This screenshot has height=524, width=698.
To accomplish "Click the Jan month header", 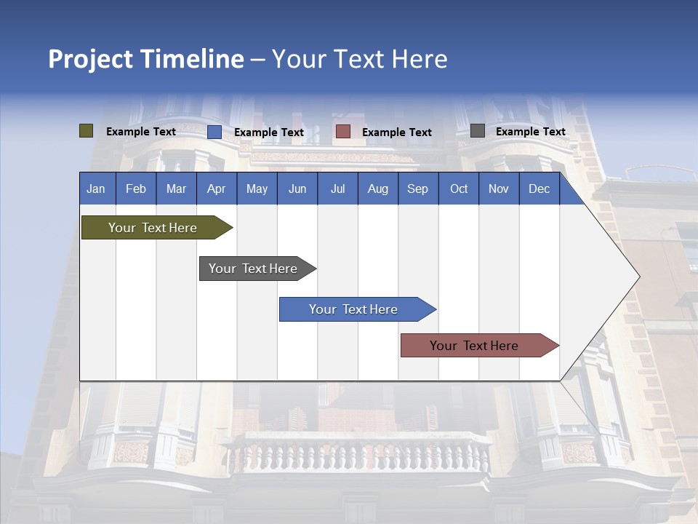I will click(96, 188).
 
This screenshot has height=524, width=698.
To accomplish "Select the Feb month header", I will click(136, 188).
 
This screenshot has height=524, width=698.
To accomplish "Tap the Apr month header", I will click(217, 188).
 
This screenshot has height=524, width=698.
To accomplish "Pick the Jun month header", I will click(297, 188).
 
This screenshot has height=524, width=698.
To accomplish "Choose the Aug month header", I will click(377, 188).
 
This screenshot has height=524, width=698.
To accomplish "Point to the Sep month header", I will click(417, 188).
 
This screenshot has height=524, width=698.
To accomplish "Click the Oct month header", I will click(459, 188).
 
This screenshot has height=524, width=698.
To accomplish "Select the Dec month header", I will click(539, 188).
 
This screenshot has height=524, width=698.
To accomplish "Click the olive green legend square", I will click(87, 131).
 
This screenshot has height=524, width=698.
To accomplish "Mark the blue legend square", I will click(214, 132).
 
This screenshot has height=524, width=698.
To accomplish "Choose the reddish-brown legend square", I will click(343, 132).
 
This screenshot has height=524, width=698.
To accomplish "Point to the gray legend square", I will click(478, 131).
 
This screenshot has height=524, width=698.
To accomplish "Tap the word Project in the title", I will click(92, 59).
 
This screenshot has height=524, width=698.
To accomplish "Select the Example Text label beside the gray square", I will click(530, 132).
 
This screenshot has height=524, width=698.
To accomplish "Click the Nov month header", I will click(499, 188).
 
